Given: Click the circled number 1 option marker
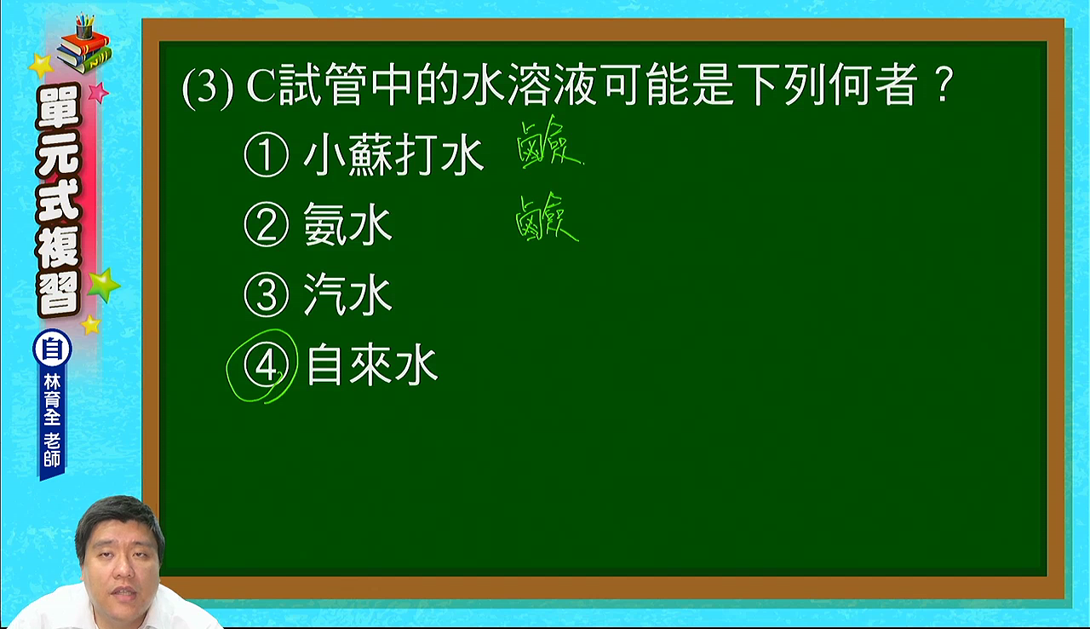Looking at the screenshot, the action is [267, 155].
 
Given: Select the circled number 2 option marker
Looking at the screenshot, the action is [267, 225].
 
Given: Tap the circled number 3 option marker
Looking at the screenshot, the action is [267, 295].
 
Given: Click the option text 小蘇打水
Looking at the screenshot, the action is [393, 155].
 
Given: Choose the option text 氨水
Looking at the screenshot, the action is [347, 224].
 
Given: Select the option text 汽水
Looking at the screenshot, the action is [347, 295].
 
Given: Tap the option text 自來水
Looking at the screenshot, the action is [373, 366].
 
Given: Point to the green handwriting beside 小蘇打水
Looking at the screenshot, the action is [549, 142].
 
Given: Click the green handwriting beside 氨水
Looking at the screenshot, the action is [548, 217].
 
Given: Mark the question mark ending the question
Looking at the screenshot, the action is [943, 84].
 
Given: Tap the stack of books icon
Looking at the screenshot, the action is [83, 44].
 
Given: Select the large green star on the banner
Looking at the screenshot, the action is [103, 285].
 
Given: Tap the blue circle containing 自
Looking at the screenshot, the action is [52, 349].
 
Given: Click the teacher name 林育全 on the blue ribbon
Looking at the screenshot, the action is [52, 401].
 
